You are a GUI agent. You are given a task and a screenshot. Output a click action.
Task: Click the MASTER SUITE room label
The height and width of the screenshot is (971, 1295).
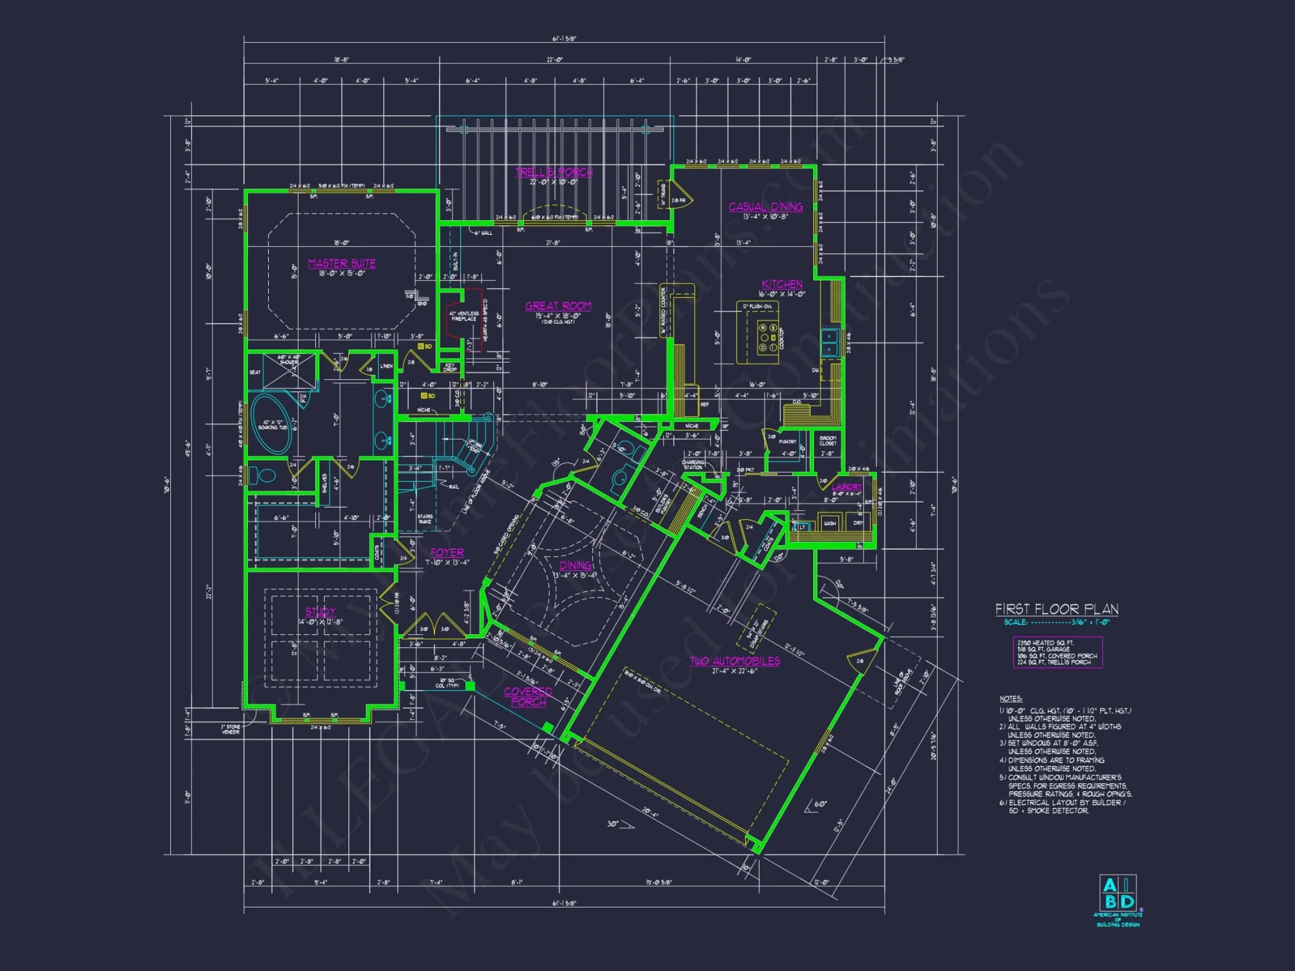click(x=342, y=263)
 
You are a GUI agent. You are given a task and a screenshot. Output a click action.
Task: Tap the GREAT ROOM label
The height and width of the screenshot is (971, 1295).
click(x=558, y=306)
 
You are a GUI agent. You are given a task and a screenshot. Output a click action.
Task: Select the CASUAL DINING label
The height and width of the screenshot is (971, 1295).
click(x=765, y=207)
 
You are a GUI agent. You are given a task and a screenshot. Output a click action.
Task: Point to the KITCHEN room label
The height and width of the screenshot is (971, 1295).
click(x=782, y=284)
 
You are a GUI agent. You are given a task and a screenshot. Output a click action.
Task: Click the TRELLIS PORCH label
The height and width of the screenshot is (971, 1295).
click(x=554, y=172)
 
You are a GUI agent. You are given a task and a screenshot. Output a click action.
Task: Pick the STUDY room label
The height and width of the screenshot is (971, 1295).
click(x=321, y=612)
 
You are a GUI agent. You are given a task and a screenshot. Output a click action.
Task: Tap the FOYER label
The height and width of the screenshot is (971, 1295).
click(x=447, y=553)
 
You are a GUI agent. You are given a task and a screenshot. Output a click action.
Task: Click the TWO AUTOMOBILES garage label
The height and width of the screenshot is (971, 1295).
click(x=735, y=661)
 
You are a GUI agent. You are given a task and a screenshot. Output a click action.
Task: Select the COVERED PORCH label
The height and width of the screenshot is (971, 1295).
click(x=528, y=697)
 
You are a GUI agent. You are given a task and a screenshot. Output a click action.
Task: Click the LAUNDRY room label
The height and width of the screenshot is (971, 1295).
click(x=847, y=487)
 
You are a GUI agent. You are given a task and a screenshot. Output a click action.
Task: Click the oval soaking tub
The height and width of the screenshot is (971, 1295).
click(x=271, y=424)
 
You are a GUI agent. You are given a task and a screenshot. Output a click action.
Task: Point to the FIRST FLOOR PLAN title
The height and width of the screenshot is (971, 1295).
click(x=1057, y=609)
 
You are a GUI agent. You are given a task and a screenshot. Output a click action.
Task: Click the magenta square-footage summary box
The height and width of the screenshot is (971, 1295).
click(x=1057, y=653)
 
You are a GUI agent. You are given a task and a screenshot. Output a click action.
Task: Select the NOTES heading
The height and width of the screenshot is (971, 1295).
click(x=1011, y=699)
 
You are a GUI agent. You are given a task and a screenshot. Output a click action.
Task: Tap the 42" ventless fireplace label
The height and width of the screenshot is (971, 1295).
click(x=464, y=316)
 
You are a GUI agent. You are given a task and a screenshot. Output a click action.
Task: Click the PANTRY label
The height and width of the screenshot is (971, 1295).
click(x=787, y=441)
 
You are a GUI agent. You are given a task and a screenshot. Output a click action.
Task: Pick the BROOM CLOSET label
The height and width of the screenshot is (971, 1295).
click(x=828, y=441)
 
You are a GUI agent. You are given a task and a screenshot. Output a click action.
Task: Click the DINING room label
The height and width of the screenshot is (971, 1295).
click(x=576, y=566)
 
